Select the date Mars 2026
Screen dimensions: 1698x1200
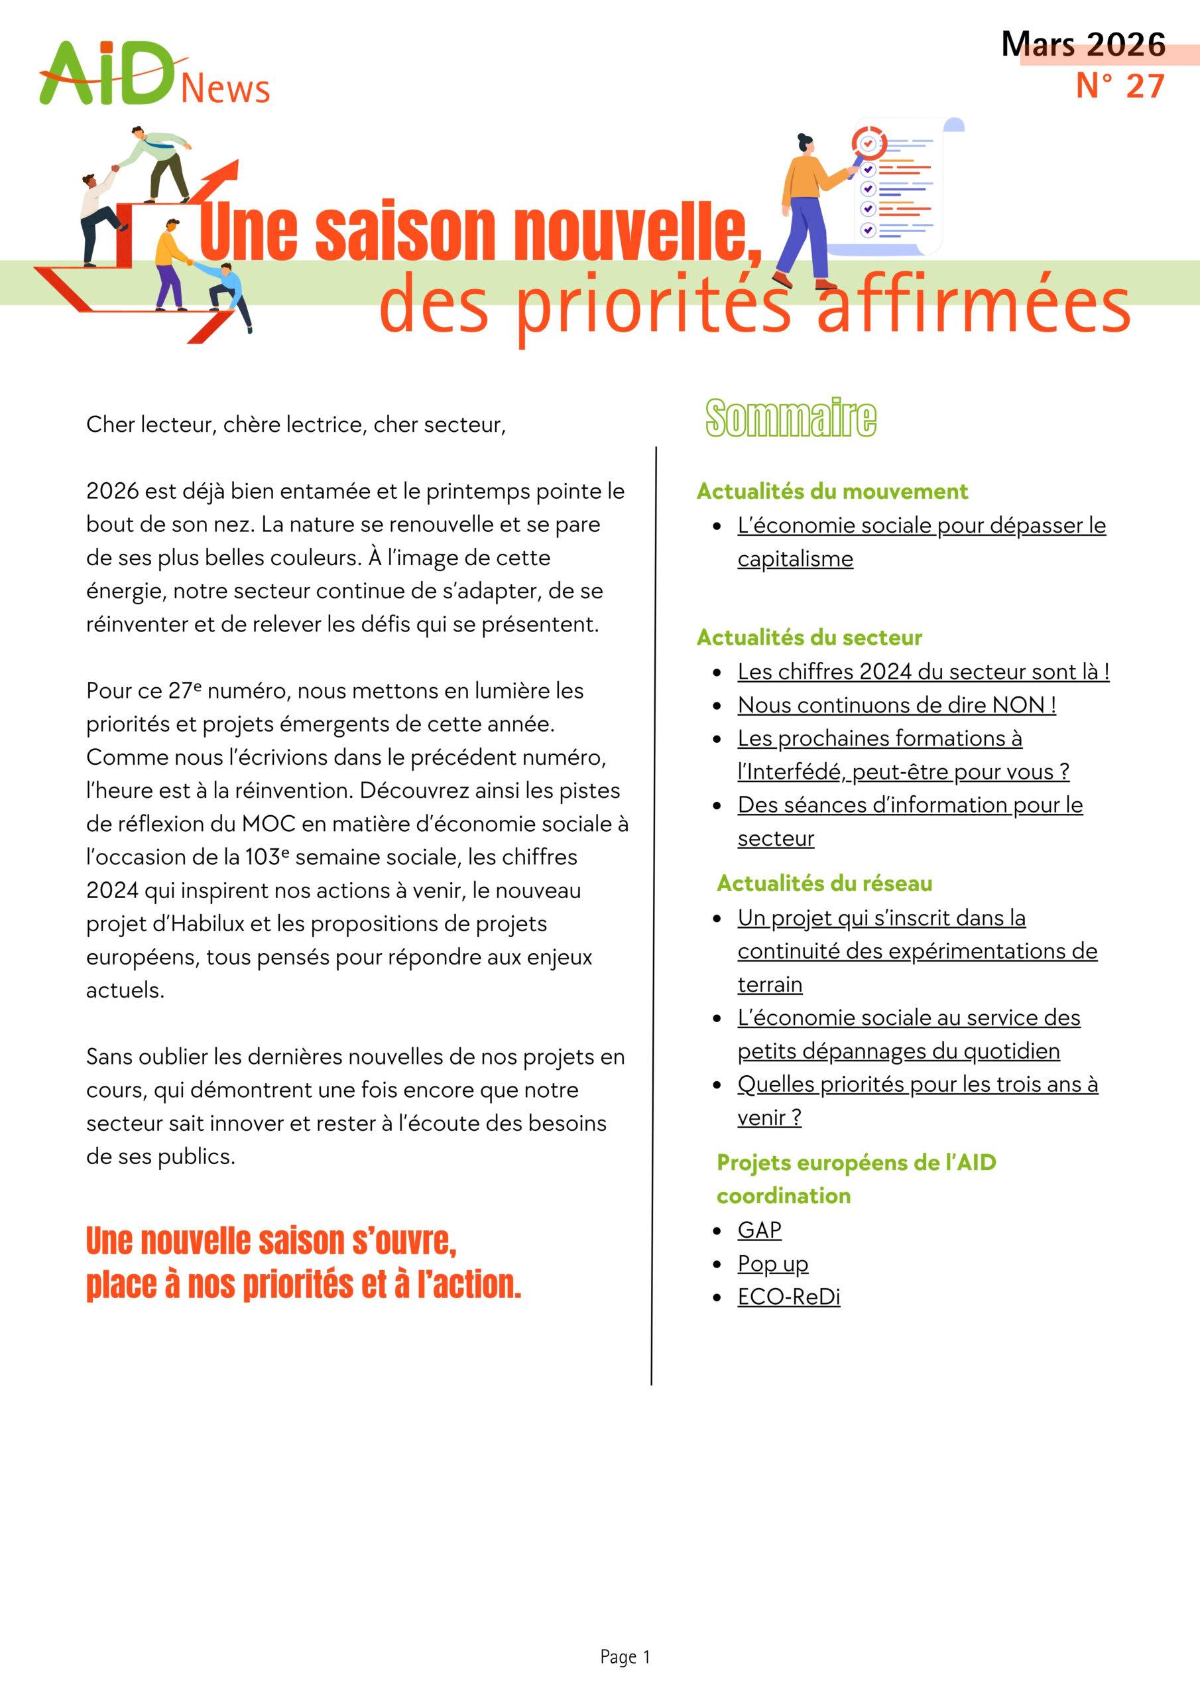(1083, 44)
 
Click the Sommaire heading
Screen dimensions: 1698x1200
(790, 418)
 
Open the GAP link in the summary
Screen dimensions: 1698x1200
(759, 1230)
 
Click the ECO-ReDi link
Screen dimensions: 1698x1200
(789, 1297)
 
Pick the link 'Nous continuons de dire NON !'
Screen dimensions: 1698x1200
(896, 705)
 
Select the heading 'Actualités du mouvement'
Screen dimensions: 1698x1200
(832, 491)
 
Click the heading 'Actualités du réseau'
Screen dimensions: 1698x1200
(824, 883)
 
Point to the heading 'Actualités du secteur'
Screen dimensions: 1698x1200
(809, 637)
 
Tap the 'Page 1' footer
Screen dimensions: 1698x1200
(625, 1658)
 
